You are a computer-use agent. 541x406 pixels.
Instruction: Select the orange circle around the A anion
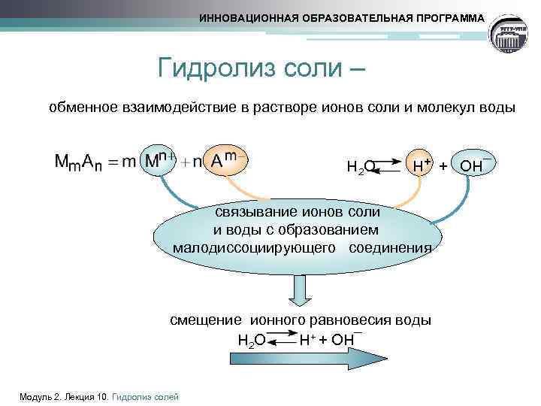tap(225, 160)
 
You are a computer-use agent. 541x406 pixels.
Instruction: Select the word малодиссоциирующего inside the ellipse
tap(253, 248)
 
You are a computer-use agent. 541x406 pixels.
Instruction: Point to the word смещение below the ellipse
tap(201, 320)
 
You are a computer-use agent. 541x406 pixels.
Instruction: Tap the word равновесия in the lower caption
tap(352, 320)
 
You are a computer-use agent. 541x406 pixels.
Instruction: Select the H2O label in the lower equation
tap(251, 341)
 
